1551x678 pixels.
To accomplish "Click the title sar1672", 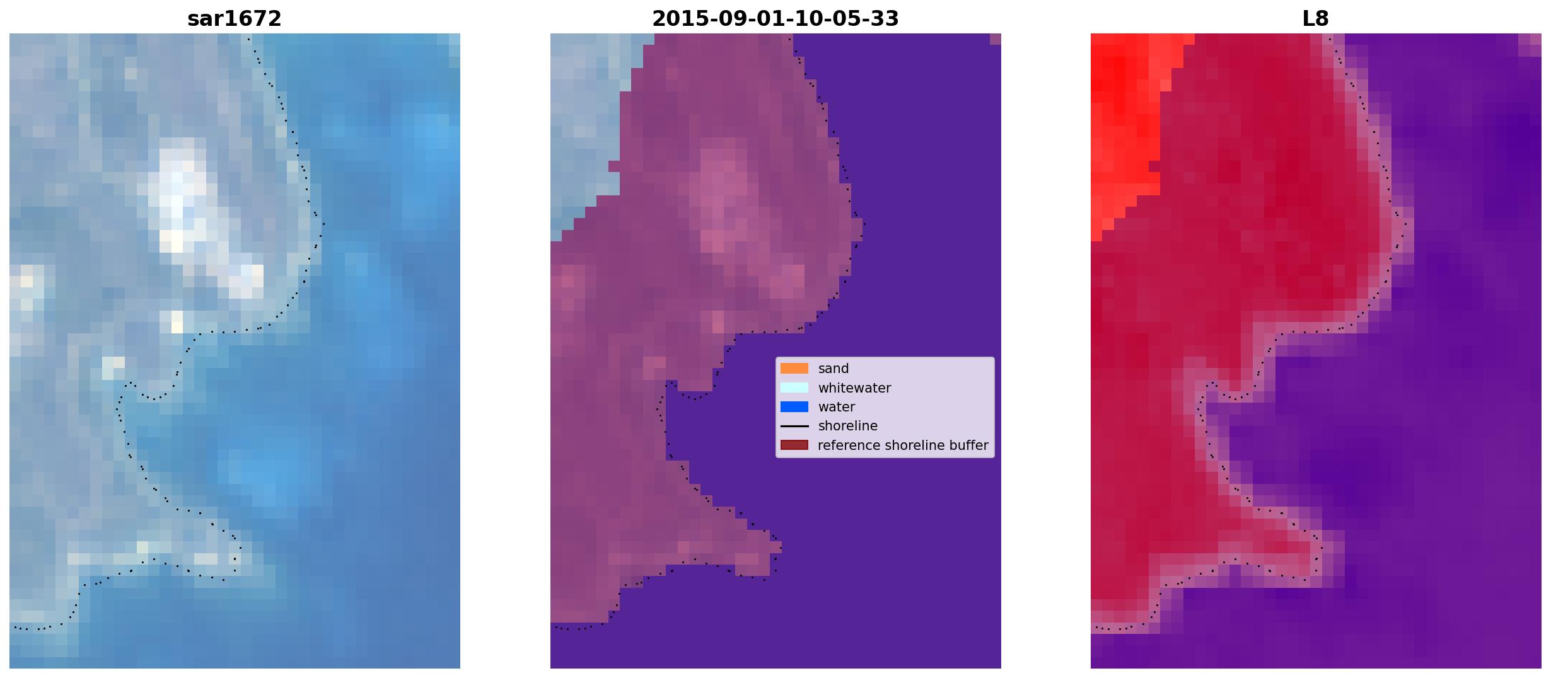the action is coord(235,18).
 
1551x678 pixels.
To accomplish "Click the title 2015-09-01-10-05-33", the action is coord(775,18).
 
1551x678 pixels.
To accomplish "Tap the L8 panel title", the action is coord(1316,18).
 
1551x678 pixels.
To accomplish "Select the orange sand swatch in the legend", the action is coord(794,369).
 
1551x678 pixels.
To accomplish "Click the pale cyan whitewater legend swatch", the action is coord(794,388).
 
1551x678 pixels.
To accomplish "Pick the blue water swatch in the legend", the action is coord(794,407).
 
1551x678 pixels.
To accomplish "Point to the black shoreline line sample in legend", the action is coord(794,426).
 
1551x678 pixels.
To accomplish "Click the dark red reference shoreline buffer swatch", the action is coord(794,445).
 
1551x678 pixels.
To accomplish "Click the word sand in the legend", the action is coord(834,369).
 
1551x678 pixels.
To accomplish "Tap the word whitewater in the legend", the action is coord(854,388).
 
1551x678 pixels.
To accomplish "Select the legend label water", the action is coord(837,407).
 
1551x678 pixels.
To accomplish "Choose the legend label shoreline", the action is coord(848,426).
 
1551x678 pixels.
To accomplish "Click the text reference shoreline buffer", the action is coord(903,445).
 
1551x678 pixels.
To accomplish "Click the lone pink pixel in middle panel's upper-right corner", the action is coord(996,39).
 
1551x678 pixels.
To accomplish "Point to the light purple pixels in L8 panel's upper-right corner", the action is coord(1530,45).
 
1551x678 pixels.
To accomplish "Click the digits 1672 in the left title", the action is coord(258,18).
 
